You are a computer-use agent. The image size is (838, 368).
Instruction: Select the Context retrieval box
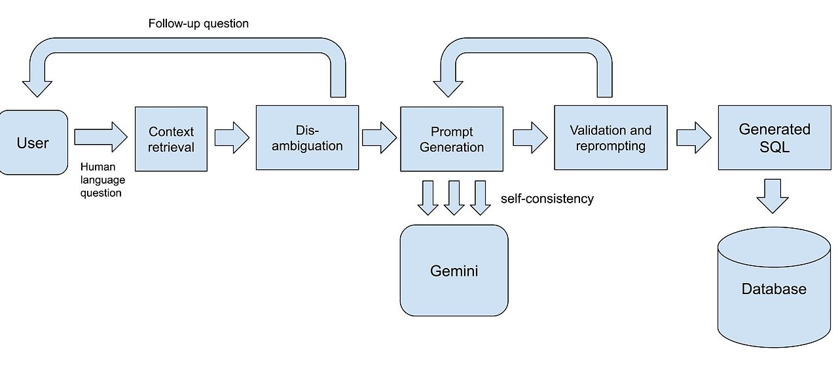[x=171, y=139]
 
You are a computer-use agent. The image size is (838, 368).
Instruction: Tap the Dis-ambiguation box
[x=307, y=137]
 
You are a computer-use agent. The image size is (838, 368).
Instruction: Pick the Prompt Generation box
[x=452, y=139]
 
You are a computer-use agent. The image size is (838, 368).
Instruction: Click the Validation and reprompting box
[x=610, y=138]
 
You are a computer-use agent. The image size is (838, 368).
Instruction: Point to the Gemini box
[x=454, y=270]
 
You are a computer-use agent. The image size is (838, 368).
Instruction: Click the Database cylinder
[x=774, y=288]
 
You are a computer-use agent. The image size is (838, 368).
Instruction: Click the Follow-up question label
[x=198, y=24]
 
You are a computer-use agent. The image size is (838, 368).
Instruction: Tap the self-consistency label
[x=547, y=198]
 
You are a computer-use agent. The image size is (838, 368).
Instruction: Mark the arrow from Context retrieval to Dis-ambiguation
[x=231, y=137]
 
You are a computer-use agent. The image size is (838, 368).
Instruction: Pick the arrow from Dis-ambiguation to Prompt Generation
[x=379, y=137]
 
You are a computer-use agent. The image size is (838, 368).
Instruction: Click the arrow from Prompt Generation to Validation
[x=529, y=137]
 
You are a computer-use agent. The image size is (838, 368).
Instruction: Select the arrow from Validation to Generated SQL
[x=693, y=137]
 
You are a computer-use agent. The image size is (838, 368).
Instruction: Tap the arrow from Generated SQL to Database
[x=773, y=195]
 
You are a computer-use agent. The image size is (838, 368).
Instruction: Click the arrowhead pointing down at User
[x=38, y=86]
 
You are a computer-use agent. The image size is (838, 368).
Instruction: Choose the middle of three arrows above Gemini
[x=454, y=198]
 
